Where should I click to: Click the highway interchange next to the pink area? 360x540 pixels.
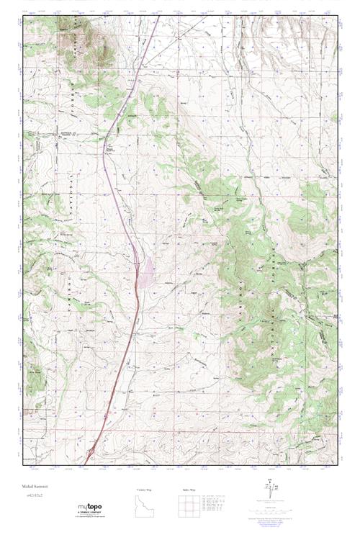[137, 265]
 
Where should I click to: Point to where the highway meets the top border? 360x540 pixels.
[158, 18]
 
